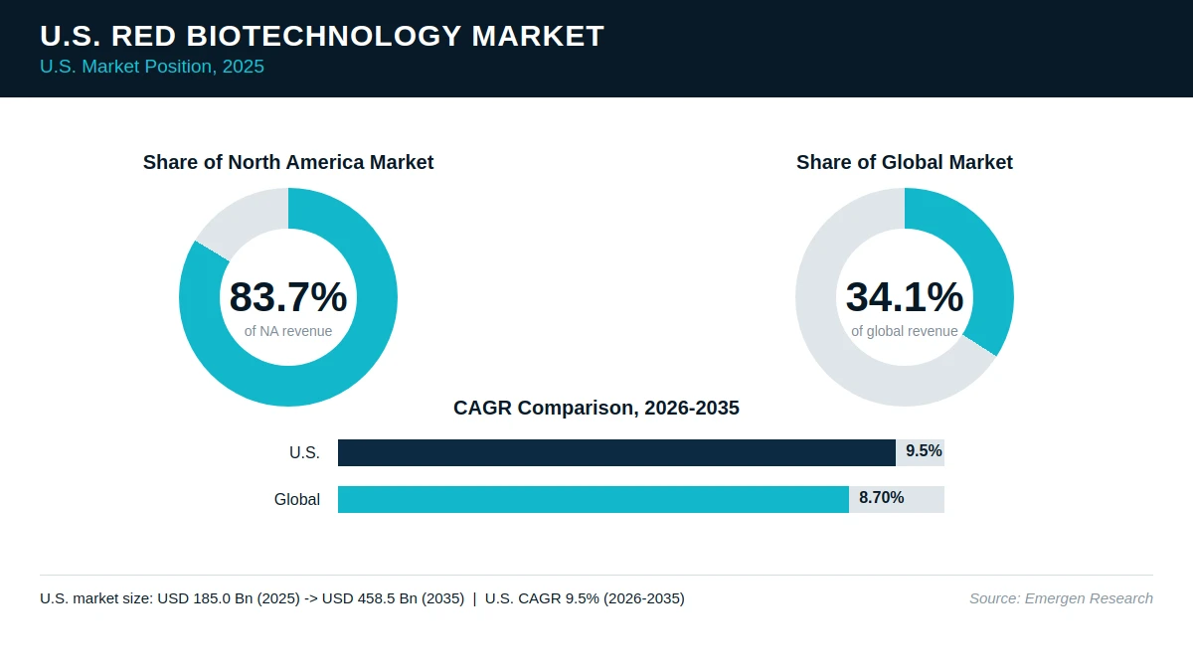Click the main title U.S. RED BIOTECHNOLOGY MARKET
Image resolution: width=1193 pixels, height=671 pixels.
(322, 36)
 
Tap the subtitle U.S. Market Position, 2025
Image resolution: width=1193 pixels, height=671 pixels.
(152, 67)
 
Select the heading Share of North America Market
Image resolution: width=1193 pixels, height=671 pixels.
(288, 162)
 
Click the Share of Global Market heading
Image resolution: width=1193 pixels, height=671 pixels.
(905, 162)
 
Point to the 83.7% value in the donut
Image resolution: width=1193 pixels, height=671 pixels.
(288, 296)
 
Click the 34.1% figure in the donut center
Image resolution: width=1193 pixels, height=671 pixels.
(905, 296)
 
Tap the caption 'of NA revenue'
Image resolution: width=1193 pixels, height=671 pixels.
(288, 331)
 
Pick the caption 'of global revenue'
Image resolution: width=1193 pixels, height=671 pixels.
(905, 331)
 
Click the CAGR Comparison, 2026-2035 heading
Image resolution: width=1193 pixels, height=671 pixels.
(596, 408)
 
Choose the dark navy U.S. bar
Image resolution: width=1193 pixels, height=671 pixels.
(616, 452)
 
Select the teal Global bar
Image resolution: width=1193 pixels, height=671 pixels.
(594, 499)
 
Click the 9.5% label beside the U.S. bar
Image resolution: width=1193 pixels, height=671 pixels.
(924, 451)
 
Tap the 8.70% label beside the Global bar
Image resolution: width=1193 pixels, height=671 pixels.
(882, 498)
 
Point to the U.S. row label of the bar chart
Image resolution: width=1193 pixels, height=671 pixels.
(304, 452)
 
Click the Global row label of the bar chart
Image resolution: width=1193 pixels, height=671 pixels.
(297, 499)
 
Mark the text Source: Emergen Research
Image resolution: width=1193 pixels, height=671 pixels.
(1061, 598)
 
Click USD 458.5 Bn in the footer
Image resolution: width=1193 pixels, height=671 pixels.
(370, 598)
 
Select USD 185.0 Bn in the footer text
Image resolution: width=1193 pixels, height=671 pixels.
(205, 598)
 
